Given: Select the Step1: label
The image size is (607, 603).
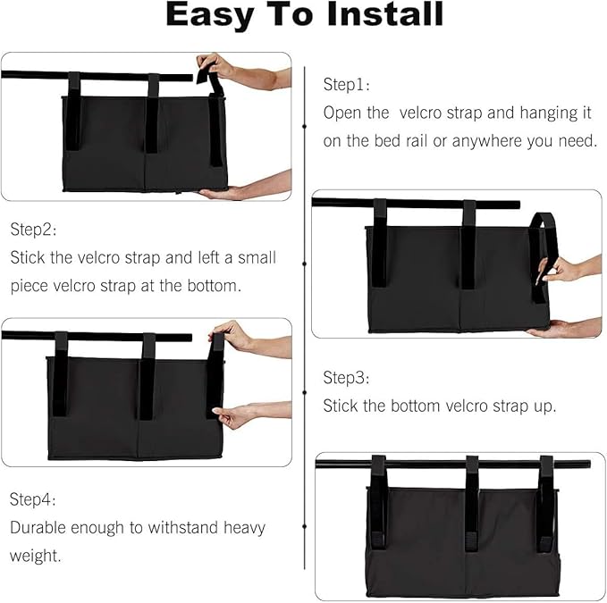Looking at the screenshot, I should click(x=347, y=85).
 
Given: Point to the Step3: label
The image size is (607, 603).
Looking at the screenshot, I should click(x=347, y=377).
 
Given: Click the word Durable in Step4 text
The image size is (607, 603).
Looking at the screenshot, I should click(x=38, y=527).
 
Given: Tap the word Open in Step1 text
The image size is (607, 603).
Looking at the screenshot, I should click(x=342, y=113).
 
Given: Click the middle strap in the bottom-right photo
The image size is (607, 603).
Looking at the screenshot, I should click(x=471, y=505).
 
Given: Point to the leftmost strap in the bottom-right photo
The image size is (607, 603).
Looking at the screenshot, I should click(x=379, y=505).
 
